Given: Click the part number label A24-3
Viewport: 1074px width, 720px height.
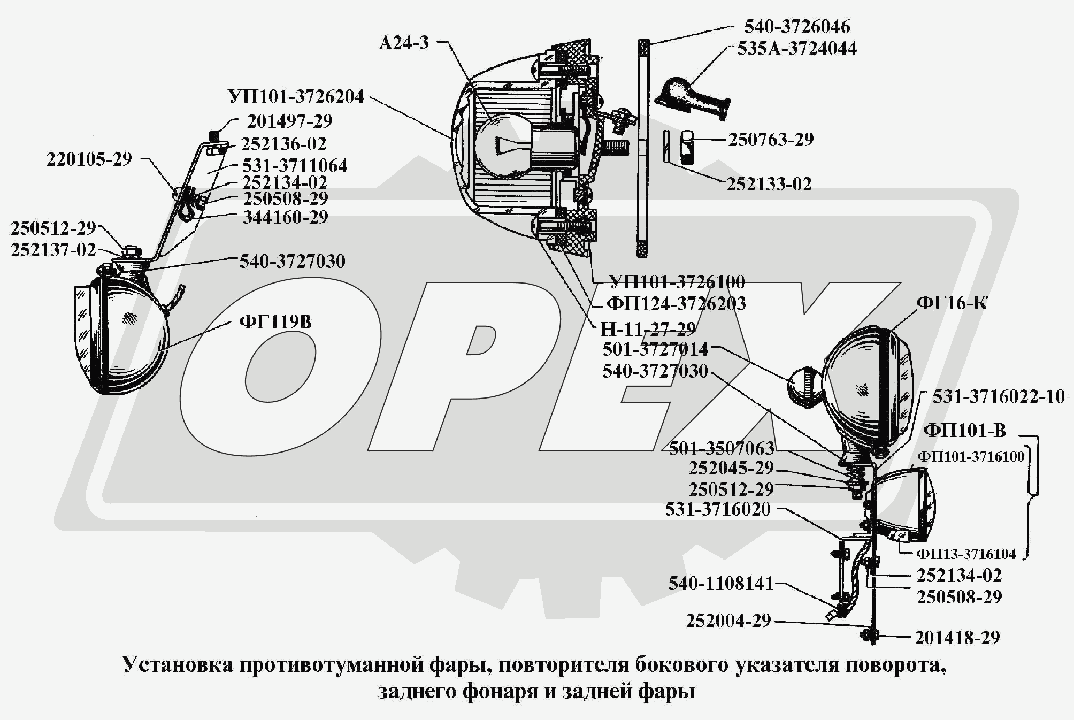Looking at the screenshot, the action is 404,43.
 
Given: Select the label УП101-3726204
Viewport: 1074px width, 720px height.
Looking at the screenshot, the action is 296,97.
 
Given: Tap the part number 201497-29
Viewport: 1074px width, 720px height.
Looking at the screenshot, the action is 289,121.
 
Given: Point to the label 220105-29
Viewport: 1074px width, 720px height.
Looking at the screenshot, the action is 89,159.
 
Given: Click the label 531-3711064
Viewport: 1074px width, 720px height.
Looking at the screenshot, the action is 295,166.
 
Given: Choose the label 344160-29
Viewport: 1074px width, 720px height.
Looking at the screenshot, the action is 286,217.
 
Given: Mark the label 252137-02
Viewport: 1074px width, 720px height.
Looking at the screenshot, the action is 53,250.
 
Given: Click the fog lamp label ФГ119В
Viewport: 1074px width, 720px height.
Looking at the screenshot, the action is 275,322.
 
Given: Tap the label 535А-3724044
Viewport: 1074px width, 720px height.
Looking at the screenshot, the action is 797,49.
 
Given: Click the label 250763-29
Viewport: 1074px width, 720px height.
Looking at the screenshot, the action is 771,140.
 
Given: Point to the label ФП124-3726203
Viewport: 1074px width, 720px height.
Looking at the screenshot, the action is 676,304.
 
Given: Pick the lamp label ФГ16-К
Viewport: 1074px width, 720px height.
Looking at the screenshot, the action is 952,303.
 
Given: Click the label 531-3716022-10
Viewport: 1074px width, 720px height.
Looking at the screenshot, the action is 999,396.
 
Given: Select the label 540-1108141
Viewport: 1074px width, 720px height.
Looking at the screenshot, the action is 721,584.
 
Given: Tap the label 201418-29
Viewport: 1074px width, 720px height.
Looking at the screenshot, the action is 957,638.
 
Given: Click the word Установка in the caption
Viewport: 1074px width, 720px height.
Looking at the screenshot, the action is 178,665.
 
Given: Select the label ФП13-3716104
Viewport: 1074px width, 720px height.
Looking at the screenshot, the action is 966,554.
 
